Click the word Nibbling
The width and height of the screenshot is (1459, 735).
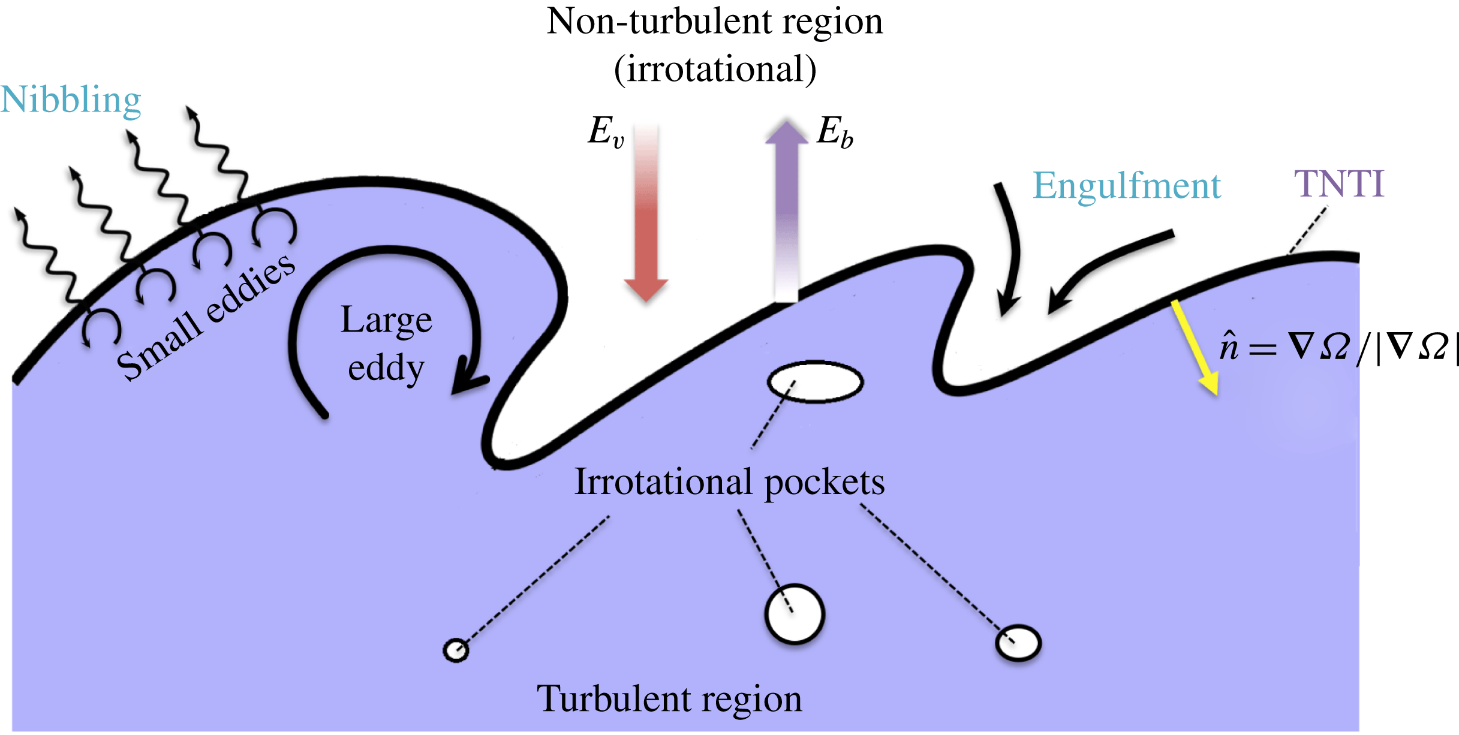click(71, 100)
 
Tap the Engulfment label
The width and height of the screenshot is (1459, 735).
click(1126, 186)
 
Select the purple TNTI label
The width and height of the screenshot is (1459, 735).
click(1338, 183)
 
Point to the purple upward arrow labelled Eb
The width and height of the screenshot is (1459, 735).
click(786, 210)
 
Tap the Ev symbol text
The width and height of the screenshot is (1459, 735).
click(605, 131)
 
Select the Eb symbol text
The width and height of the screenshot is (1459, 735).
click(834, 131)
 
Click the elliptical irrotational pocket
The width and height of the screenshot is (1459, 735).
click(815, 382)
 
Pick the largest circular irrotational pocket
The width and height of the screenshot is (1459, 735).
click(795, 614)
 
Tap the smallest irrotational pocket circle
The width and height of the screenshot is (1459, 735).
click(456, 650)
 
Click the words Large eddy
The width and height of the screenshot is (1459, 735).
click(386, 343)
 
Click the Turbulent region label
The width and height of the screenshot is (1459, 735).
click(669, 699)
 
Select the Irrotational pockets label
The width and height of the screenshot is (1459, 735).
click(729, 482)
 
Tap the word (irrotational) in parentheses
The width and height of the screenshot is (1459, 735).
click(715, 70)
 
